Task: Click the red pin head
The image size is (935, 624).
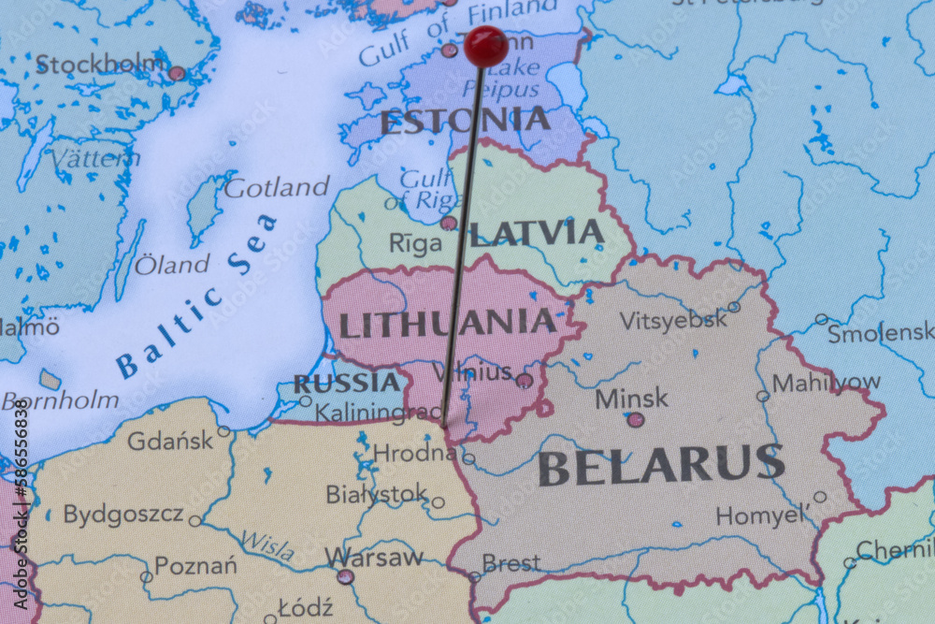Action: point(485,45)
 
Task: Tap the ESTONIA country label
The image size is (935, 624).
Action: point(465,121)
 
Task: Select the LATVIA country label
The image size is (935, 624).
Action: point(537,233)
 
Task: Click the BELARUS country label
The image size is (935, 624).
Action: point(661,465)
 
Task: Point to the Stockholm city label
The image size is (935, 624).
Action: point(100,65)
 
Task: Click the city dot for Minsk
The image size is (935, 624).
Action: point(636,420)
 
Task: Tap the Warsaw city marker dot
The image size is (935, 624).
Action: point(346,576)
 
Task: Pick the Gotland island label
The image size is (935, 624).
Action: point(277,187)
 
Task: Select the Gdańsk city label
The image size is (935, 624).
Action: point(170,440)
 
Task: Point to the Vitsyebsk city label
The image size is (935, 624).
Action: point(672,319)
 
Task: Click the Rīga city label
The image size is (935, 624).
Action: point(415,244)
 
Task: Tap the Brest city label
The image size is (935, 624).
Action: point(511,563)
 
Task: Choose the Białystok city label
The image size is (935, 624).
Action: point(376,494)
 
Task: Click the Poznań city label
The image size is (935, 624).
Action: point(195,565)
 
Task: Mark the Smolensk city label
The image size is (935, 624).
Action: point(880,332)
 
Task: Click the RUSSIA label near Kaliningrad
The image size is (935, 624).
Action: point(346,383)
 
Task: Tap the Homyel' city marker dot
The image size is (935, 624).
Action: point(820,497)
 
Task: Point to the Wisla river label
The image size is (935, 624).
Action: point(267,544)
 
